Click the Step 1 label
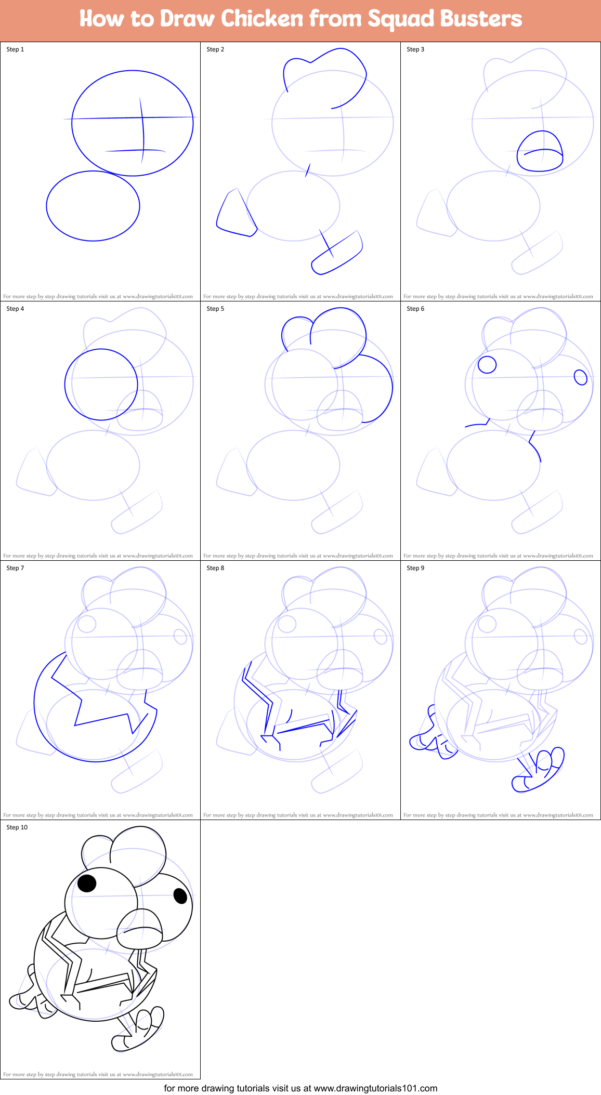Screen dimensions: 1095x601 click(x=15, y=49)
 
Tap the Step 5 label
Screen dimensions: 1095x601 click(x=215, y=309)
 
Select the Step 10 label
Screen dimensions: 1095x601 click(x=17, y=827)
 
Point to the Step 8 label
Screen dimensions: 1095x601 click(x=215, y=568)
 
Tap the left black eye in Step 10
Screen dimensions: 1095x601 click(x=87, y=883)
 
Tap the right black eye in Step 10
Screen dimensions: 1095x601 click(x=180, y=896)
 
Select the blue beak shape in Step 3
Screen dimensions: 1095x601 click(x=540, y=152)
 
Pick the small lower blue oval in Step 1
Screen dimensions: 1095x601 click(x=93, y=206)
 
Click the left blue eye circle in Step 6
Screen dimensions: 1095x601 click(x=487, y=364)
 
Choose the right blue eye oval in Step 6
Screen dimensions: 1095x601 click(x=581, y=377)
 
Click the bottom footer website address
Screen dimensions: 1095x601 click(x=300, y=1088)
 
